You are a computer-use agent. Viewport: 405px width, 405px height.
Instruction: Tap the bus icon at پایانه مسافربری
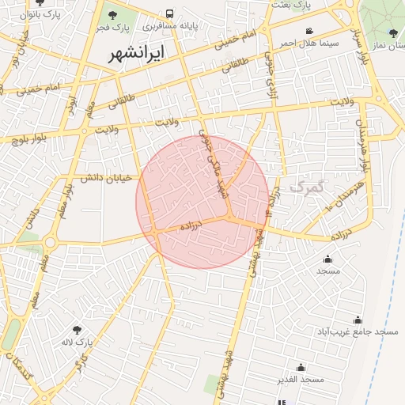[170, 14]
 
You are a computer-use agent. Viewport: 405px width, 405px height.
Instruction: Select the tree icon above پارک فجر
[112, 15]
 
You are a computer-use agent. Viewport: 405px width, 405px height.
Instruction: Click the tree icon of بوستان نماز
[393, 33]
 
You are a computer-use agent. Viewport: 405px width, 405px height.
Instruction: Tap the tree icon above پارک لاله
[77, 330]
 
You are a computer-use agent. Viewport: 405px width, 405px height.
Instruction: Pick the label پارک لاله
[78, 343]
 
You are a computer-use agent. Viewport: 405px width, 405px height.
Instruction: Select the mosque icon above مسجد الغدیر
[301, 367]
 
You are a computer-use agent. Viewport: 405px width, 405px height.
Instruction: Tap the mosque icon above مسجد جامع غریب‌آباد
[358, 320]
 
